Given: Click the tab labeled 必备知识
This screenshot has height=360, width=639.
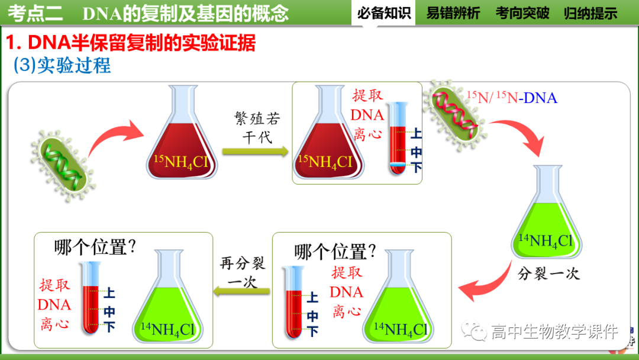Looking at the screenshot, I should pos(384,13).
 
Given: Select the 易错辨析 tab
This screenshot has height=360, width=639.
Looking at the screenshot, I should pos(453,13).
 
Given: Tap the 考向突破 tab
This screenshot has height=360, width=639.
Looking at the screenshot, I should pos(522,13).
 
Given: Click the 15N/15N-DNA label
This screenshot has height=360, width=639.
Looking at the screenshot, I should pos(512,97).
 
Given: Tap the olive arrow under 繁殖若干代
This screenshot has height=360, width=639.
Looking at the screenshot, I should pos(256,152).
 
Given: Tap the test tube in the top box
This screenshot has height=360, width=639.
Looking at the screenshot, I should pos(398,139).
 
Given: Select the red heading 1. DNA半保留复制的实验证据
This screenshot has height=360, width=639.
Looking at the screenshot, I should pos(131,43).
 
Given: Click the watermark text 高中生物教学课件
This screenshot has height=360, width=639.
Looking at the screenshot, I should pos(554,331).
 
